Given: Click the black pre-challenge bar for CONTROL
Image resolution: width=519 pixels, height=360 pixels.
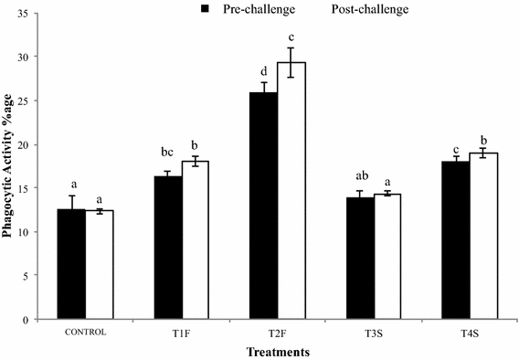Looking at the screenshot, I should click(70, 264).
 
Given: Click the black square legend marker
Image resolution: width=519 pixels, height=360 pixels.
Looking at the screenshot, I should click(206, 9).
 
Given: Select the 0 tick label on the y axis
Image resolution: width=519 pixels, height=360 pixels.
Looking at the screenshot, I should click(37, 320).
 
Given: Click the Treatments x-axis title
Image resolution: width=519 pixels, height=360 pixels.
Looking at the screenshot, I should click(277, 350).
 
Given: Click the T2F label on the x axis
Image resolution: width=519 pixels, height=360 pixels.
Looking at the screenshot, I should click(277, 333).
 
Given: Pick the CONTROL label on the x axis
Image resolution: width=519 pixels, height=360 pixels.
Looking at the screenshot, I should click(84, 332).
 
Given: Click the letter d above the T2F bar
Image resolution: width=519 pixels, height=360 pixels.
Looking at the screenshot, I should click(264, 71).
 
